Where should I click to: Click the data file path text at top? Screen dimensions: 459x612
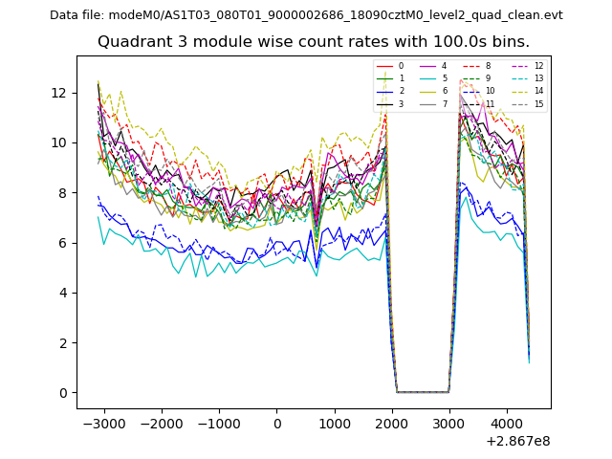[x=306, y=15]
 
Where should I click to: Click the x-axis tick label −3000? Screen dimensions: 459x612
[x=101, y=423]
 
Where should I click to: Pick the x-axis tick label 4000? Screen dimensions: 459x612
[x=508, y=423]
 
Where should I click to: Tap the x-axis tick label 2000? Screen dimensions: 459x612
[x=392, y=423]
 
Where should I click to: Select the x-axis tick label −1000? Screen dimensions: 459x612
[x=217, y=423]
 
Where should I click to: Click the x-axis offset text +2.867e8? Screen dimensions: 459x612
[x=517, y=441]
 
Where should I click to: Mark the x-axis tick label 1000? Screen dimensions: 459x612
[x=335, y=423]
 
